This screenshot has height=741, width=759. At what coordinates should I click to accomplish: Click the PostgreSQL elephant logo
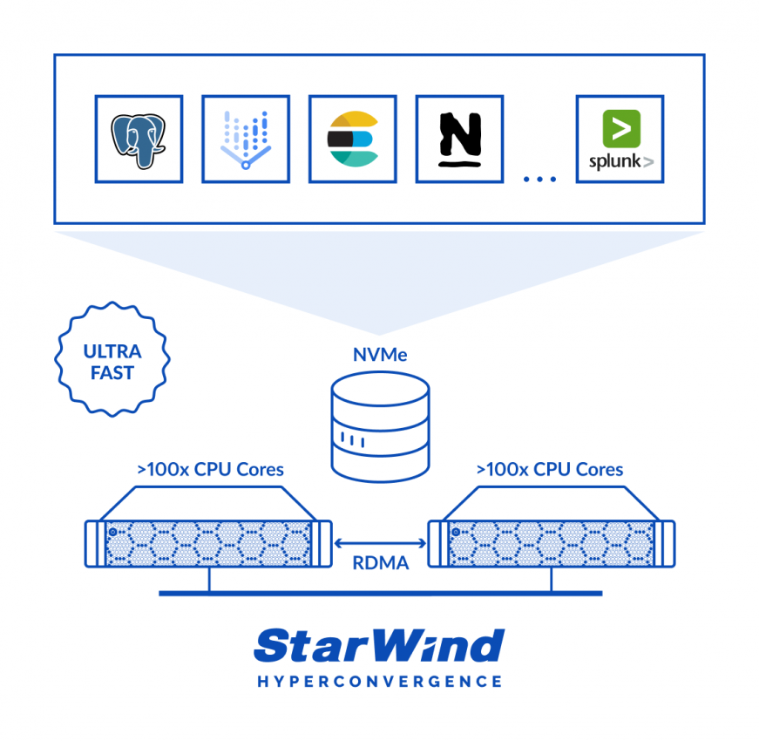pos(139,141)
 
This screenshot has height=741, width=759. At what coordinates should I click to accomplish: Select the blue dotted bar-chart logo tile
pos(246,139)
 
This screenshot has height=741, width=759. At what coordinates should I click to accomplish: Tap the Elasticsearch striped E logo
pos(353,139)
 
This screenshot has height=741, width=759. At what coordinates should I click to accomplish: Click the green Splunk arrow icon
pos(621,128)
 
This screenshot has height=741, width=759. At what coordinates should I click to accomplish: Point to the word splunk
pos(614,161)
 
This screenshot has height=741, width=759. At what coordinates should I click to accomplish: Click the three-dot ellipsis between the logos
pos(539,180)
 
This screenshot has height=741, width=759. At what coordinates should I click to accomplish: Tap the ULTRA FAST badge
pos(112,359)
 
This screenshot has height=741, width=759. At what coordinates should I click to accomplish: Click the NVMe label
pos(380,355)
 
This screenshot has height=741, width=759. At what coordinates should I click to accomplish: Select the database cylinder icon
pos(381,427)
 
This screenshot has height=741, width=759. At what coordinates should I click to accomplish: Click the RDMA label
pos(381,563)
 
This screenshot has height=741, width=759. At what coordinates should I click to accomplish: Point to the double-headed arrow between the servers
pos(381,543)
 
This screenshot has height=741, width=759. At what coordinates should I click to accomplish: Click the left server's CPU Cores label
pos(211,469)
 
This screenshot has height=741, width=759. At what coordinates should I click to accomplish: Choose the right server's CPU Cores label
pos(550,469)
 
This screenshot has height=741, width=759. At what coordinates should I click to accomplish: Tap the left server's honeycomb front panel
pos(208,543)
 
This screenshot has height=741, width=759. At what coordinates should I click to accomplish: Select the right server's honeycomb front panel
pos(552,543)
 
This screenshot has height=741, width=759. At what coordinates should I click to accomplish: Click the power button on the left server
pos(112,532)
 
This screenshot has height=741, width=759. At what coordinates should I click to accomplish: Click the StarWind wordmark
pos(380,645)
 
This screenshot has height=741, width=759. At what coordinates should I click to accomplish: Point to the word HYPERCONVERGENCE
pos(380,682)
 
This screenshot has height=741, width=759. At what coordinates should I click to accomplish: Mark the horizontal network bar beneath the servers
pos(381,594)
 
